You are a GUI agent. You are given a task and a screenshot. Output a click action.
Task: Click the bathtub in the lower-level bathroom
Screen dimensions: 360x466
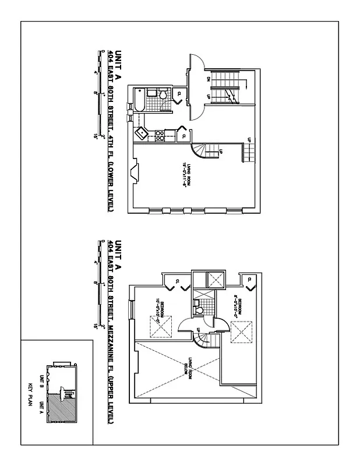141,100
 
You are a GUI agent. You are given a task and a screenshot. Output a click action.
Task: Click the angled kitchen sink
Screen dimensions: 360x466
142,133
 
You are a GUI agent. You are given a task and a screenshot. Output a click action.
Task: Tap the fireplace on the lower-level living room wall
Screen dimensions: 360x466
135,173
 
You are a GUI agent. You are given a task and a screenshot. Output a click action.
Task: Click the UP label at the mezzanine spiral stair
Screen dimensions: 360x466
199,331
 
